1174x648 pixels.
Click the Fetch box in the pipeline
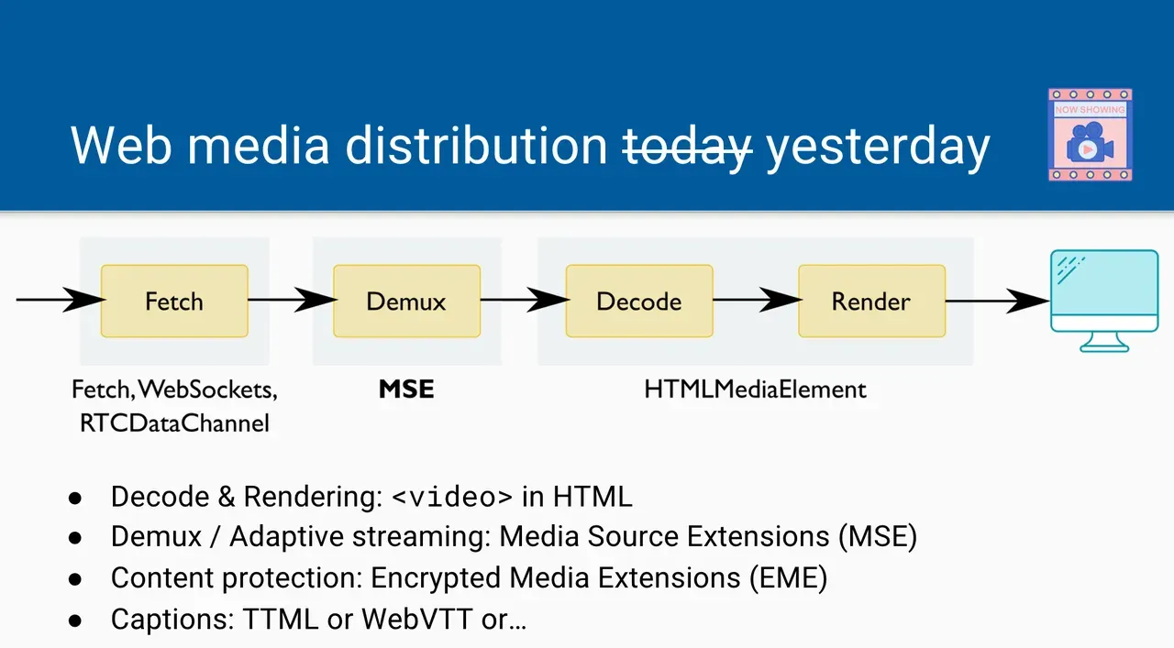pos(174,301)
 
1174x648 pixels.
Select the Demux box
pos(406,301)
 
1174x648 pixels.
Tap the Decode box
pos(639,301)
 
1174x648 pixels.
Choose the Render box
pos(871,301)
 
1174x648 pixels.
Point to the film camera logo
pos(1090,135)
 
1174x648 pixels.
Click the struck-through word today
pos(688,145)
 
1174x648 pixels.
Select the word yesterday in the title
pos(878,145)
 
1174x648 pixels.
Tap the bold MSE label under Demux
pos(406,390)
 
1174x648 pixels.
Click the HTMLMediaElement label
pos(755,390)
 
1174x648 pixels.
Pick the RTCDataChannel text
pos(174,423)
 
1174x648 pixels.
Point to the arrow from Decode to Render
pos(756,300)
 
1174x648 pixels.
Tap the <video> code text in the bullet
pos(452,497)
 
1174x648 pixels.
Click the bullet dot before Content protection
pos(76,579)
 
